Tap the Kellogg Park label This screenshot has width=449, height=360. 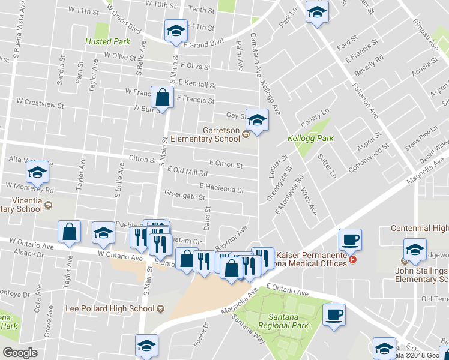302,138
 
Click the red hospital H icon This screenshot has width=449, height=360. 353,259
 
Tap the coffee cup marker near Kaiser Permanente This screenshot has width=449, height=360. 350,239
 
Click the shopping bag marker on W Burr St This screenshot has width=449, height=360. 163,97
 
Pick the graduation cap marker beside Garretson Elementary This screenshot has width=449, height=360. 257,121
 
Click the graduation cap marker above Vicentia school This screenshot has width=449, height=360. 37,173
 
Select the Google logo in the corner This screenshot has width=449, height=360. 20,353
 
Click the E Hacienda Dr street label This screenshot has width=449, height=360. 222,189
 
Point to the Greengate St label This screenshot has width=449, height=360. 185,196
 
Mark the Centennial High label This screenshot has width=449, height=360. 419,228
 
